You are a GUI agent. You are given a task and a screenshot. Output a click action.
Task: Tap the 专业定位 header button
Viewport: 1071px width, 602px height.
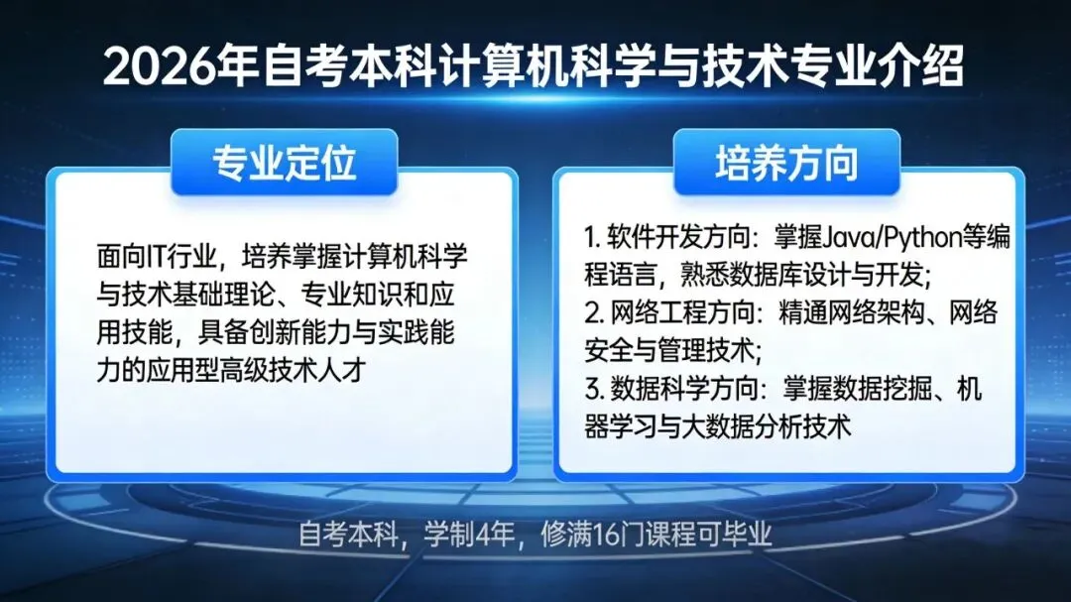[284, 163]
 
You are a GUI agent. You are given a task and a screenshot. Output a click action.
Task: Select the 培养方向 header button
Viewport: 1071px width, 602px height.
[786, 163]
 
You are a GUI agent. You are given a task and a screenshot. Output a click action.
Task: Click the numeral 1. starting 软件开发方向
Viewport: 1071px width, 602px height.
[593, 239]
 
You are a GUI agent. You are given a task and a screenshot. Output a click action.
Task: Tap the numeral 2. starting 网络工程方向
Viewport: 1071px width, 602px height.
[594, 314]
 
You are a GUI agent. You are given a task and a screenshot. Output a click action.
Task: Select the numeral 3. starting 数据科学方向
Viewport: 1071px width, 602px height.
[594, 390]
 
